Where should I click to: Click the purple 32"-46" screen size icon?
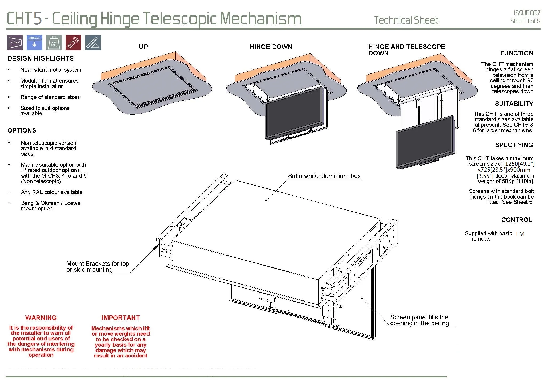pos(15,43)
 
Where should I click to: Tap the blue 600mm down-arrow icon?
pos(34,43)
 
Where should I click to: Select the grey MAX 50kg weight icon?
pos(54,43)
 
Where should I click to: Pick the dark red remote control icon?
pos(73,43)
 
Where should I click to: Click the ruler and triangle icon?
pos(93,43)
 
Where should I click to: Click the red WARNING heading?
pos(41,318)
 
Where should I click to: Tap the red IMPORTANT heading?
pos(121,318)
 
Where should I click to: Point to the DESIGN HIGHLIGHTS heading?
pos(41,59)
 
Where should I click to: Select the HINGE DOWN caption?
pos(271,47)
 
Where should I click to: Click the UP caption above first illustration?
pos(143,47)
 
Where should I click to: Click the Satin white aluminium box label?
pos(324,176)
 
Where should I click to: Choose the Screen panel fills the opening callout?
pos(419,320)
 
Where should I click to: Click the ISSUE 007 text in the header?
pos(527,13)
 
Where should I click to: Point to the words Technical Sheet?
pos(406,20)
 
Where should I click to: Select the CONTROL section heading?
pos(517,220)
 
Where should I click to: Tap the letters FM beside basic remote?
pos(520,234)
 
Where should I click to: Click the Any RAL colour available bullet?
pos(52,192)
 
